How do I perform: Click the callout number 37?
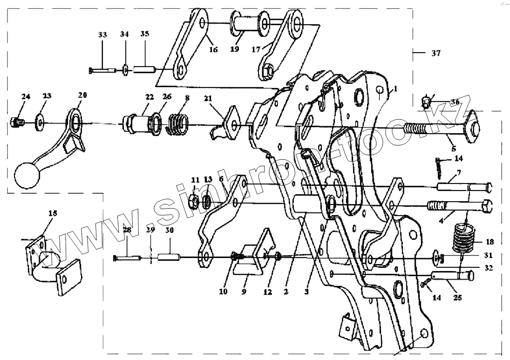[435, 54]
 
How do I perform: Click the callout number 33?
[102, 35]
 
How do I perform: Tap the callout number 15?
[53, 213]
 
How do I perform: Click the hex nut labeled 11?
[195, 201]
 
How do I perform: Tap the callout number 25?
[457, 298]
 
